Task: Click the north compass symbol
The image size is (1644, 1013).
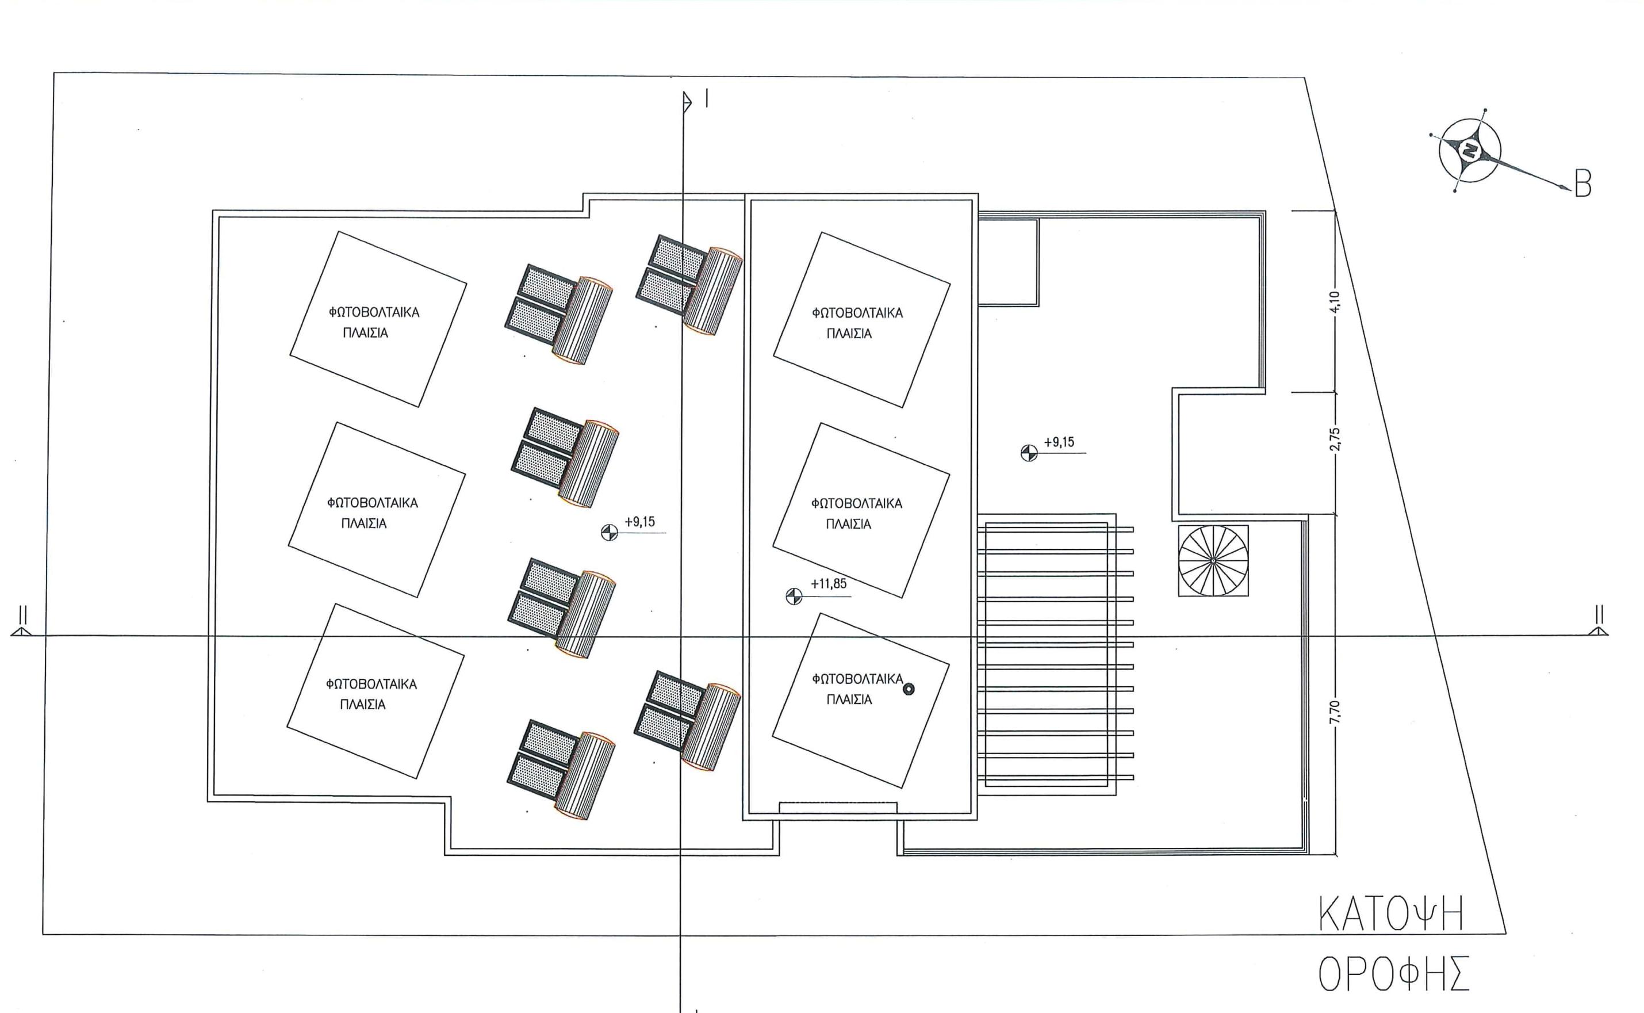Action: [x=1469, y=151]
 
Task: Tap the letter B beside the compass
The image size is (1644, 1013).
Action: [x=1583, y=184]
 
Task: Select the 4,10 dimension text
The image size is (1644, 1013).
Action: [x=1335, y=301]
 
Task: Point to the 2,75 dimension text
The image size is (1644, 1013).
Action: [x=1335, y=440]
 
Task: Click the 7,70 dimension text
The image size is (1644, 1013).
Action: [x=1335, y=712]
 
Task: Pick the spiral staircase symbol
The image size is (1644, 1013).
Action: [x=1213, y=560]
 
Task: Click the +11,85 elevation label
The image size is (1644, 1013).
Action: [x=829, y=583]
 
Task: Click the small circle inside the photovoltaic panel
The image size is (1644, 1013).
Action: [x=909, y=689]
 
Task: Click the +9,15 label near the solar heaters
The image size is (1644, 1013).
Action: [x=639, y=522]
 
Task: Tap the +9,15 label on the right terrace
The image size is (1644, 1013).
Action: [x=1059, y=442]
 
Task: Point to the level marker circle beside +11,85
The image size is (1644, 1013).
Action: [x=793, y=595]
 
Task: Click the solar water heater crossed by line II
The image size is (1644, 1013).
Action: [x=561, y=607]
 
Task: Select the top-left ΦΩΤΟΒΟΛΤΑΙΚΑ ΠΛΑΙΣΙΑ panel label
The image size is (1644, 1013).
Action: [x=373, y=322]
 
